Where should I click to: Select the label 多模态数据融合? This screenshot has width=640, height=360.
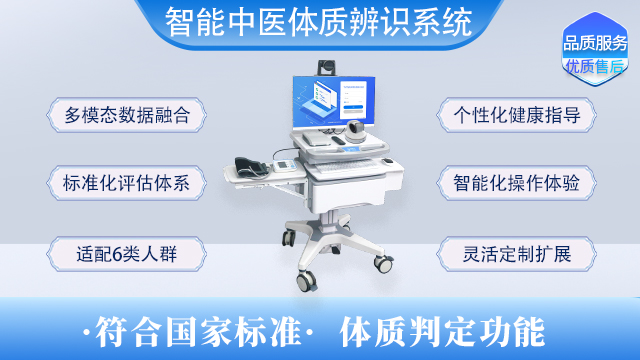pos(126,114)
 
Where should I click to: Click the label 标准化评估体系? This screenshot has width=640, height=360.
pos(126,183)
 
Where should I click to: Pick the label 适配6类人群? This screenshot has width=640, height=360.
pos(126,251)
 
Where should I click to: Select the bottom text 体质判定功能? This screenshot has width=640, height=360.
pos(442,329)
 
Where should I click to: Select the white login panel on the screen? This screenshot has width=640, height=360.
pos(359,100)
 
